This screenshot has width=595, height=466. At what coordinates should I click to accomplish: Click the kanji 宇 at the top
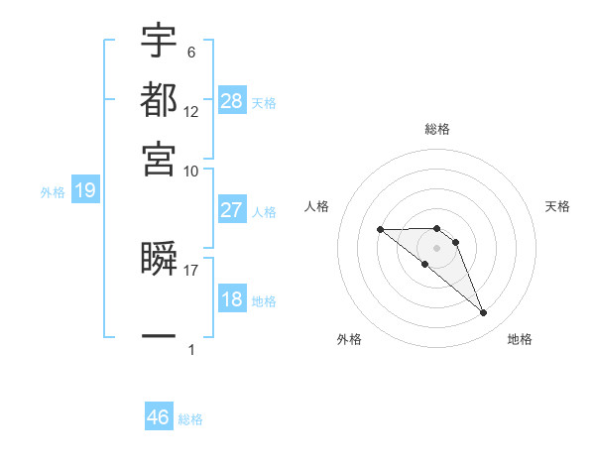click(x=159, y=42)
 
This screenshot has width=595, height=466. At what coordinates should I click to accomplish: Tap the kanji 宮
click(x=159, y=157)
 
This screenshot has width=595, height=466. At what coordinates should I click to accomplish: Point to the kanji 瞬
click(x=159, y=260)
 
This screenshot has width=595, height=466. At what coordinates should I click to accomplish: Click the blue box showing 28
click(x=232, y=101)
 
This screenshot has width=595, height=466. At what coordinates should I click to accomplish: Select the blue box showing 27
click(x=231, y=210)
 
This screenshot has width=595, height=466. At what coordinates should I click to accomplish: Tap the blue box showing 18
click(x=231, y=299)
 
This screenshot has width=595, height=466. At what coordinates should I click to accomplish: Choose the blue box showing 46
click(x=159, y=417)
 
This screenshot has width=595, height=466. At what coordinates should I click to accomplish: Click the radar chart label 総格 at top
click(x=437, y=129)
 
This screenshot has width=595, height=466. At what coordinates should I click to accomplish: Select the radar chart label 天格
click(x=557, y=206)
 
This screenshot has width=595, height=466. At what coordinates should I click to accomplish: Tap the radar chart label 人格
click(x=317, y=206)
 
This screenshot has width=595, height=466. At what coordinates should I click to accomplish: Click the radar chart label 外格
click(x=349, y=339)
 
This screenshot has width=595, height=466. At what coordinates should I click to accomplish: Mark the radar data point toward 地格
click(x=484, y=313)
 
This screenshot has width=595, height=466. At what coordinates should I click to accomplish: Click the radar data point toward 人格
click(x=380, y=230)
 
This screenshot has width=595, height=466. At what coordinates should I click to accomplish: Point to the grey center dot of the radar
click(x=437, y=248)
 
